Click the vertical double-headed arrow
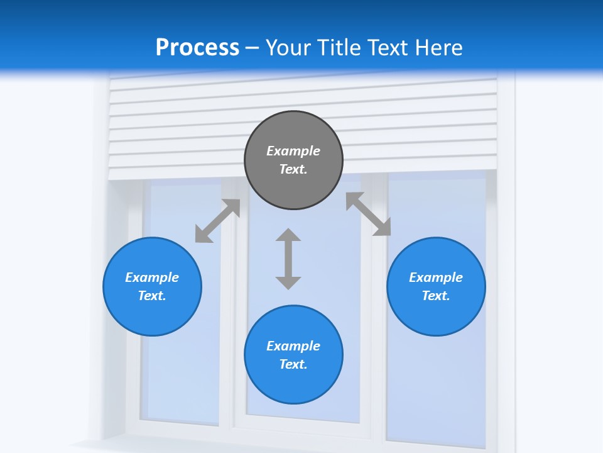click(x=288, y=259)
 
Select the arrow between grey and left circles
click(x=217, y=221)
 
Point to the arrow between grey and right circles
click(x=368, y=215)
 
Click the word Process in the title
click(x=197, y=47)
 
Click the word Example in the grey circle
click(x=293, y=151)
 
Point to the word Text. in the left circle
click(x=152, y=296)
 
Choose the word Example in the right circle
click(x=436, y=277)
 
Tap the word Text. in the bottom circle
click(x=293, y=364)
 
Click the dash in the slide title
click(x=253, y=48)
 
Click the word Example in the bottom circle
click(x=293, y=346)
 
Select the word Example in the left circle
click(x=152, y=277)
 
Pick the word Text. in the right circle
click(x=436, y=296)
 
